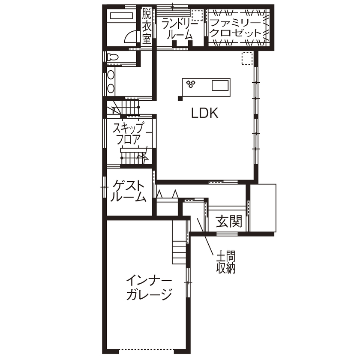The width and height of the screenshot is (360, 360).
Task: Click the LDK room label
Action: click(x=205, y=114)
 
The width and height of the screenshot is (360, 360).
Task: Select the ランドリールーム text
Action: click(x=180, y=30)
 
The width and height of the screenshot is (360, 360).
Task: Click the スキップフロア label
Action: click(x=128, y=133)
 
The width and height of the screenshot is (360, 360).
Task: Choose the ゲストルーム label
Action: click(x=129, y=192)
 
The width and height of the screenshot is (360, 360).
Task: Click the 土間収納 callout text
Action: click(x=225, y=263)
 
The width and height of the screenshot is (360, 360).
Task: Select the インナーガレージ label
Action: click(x=149, y=288)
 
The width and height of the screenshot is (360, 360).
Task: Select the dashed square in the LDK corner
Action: click(x=247, y=58)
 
